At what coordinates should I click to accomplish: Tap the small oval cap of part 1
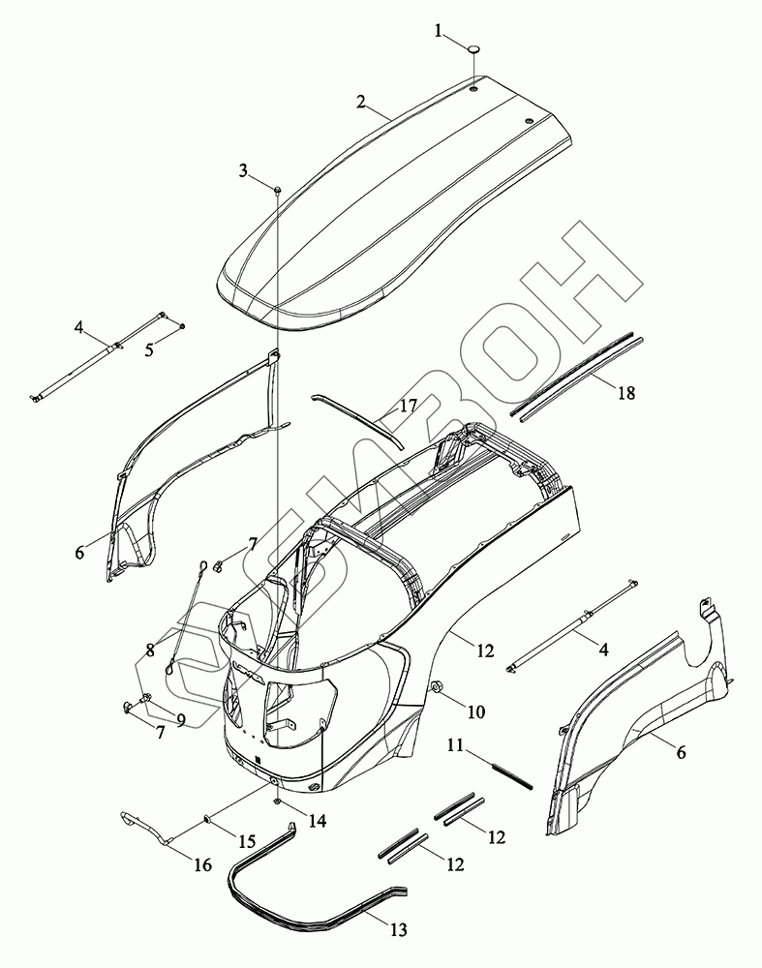pyautogui.click(x=474, y=46)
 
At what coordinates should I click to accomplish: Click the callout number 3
pyautogui.click(x=245, y=171)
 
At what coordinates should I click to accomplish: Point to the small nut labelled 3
pyautogui.click(x=277, y=189)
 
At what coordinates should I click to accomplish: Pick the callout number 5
pyautogui.click(x=148, y=349)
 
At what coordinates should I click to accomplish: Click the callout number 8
pyautogui.click(x=150, y=651)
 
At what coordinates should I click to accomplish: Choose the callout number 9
pyautogui.click(x=179, y=720)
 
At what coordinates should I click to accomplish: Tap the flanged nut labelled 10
pyautogui.click(x=436, y=688)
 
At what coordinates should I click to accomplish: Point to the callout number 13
pyautogui.click(x=399, y=930)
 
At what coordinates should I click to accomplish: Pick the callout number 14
pyautogui.click(x=318, y=821)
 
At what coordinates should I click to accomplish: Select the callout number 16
pyautogui.click(x=201, y=864)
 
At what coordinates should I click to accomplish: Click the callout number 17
pyautogui.click(x=408, y=407)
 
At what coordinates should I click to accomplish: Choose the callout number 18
pyautogui.click(x=625, y=393)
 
